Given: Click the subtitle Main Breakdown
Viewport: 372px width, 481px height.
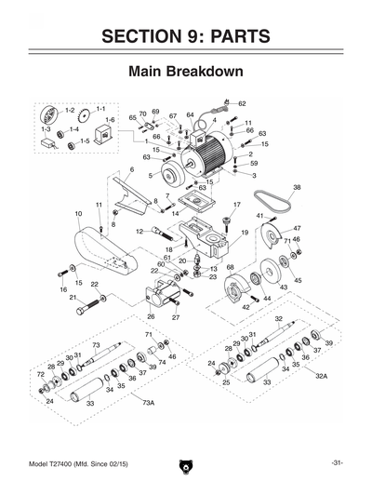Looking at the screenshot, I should pos(185,72).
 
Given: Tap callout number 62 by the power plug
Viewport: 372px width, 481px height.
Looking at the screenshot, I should pos(241,103).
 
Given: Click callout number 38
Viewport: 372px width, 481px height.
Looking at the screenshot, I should pos(297,187).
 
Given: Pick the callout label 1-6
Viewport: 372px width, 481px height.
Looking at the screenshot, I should pos(109,120).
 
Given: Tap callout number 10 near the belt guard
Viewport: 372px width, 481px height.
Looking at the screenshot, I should pos(78,214).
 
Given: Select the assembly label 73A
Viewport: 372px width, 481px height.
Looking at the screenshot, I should pos(147,403).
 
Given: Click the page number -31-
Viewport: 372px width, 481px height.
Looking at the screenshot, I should pos(338,462).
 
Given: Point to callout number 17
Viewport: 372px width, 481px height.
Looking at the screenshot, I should pos(237,205).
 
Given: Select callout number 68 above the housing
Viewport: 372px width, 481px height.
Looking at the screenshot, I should pos(230,268).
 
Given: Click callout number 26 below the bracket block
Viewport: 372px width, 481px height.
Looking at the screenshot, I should pos(151,317).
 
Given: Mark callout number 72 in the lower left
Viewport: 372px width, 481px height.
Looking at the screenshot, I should pos(41,375).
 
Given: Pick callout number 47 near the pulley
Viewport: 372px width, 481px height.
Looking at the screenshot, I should pos(297,228).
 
